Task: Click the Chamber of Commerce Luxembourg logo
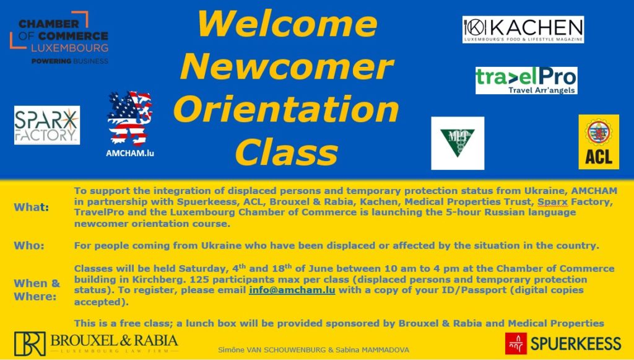click(x=59, y=38)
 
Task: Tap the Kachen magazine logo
click(x=523, y=30)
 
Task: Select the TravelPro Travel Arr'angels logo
click(x=526, y=81)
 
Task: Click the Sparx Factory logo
click(x=47, y=125)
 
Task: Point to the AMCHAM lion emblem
click(x=130, y=118)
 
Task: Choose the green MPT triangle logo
click(x=458, y=143)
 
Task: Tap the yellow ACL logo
click(x=599, y=141)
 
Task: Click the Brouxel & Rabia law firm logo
click(x=96, y=343)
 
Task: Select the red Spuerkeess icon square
click(x=516, y=343)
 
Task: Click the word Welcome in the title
click(x=287, y=24)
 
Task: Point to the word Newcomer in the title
click(x=287, y=66)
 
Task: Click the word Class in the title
click(x=287, y=152)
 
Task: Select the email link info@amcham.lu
click(x=292, y=290)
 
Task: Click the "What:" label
click(x=31, y=207)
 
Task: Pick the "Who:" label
click(x=29, y=245)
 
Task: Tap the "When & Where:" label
click(x=37, y=289)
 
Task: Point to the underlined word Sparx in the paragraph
click(x=552, y=202)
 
